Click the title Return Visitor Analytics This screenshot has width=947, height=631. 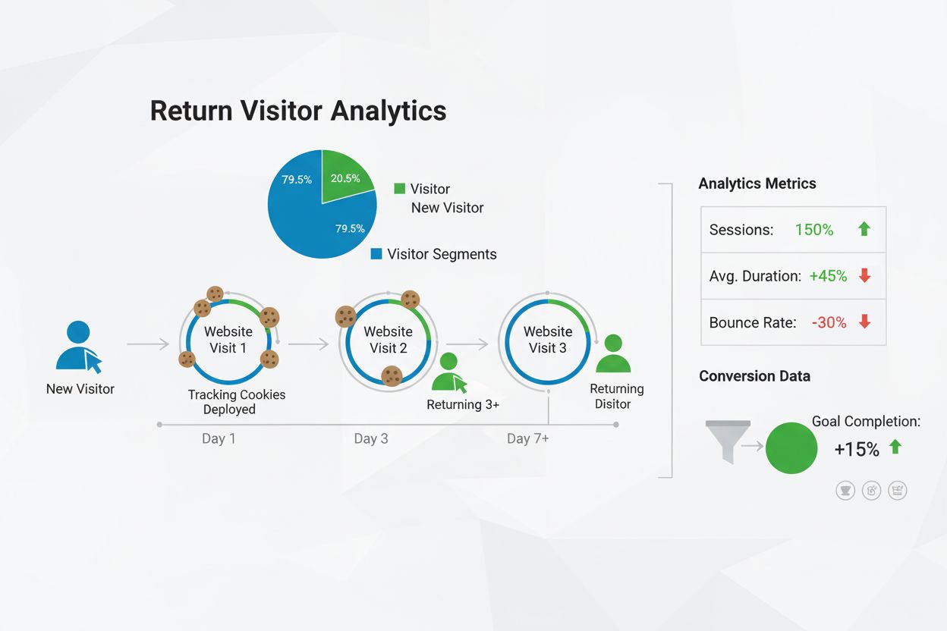(298, 111)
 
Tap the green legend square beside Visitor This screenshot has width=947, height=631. (399, 189)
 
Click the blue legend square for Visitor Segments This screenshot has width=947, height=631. (376, 254)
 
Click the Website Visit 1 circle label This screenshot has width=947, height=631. (228, 340)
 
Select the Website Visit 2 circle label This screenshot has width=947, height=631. (388, 340)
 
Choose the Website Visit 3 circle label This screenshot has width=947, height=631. (547, 340)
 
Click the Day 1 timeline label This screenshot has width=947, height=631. (219, 439)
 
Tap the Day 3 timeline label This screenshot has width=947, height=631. (371, 439)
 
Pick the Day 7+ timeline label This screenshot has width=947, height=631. (528, 439)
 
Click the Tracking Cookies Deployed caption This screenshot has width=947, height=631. (237, 402)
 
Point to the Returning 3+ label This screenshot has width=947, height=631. (463, 405)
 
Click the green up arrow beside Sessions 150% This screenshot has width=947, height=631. (864, 229)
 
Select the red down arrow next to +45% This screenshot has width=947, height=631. (864, 276)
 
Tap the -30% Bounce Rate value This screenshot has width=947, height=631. (829, 322)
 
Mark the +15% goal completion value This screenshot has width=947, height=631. (857, 449)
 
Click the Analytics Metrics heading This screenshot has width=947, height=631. (757, 184)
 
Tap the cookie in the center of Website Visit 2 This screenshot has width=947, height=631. (392, 375)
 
